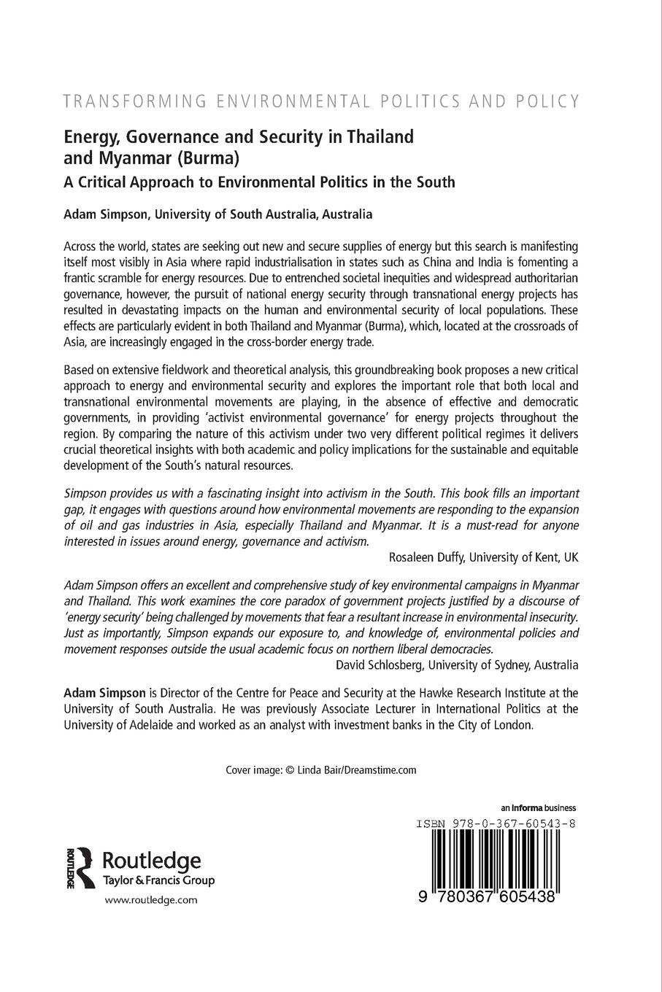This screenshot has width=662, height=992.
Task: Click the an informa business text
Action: pos(539,808)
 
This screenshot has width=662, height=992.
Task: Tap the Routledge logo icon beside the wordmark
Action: pos(79,867)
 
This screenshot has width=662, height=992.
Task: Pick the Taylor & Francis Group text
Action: pos(160,880)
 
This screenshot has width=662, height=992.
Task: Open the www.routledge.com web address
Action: pos(151,900)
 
